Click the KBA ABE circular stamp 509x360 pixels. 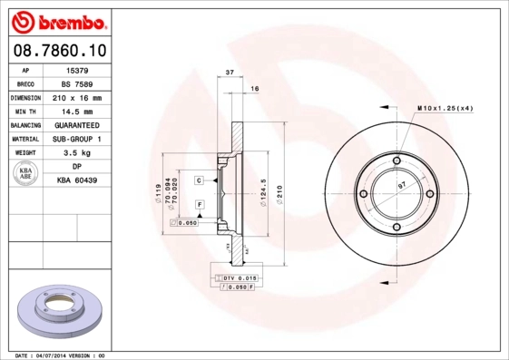[26, 174]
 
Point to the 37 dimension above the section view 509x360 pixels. [230, 72]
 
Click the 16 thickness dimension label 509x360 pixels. [255, 88]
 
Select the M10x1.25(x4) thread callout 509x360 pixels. [445, 108]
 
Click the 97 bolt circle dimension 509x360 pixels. [403, 185]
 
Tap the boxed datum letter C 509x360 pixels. [198, 180]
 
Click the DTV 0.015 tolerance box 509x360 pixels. [237, 277]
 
